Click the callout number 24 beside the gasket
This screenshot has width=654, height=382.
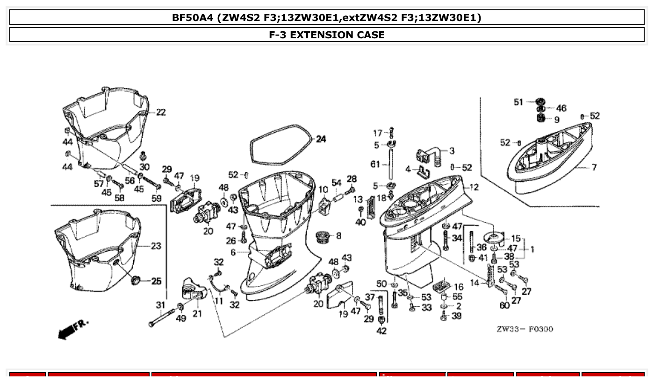321,139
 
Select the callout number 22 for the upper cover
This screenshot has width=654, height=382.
160,113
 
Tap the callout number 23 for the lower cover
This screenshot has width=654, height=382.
156,246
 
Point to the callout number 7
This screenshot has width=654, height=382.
594,167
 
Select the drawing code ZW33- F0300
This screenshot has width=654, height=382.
525,329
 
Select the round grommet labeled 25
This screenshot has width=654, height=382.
137,280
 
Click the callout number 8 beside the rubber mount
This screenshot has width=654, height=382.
338,236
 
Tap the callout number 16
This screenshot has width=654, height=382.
458,287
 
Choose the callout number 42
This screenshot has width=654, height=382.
381,331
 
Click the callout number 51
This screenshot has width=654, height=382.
519,102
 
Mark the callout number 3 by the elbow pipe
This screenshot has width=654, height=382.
452,151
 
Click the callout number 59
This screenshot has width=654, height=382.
157,198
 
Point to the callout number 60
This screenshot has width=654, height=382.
504,305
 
